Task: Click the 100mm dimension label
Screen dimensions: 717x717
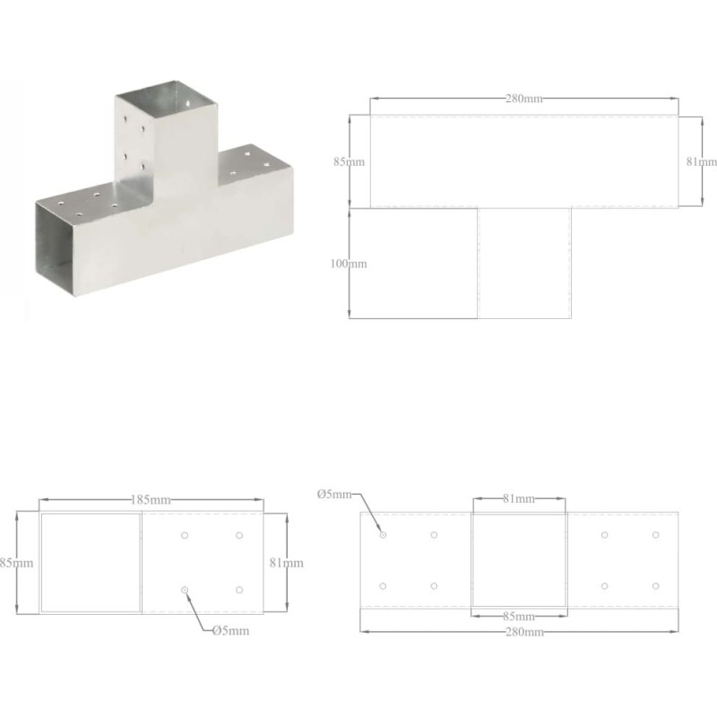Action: tap(349, 263)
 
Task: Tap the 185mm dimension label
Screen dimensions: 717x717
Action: tap(151, 500)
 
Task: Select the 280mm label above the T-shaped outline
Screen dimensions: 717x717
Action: tap(524, 99)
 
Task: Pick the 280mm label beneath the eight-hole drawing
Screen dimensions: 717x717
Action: tap(524, 632)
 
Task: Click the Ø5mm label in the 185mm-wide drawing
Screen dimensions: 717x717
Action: tap(231, 631)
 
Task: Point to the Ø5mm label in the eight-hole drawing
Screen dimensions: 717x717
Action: tap(334, 495)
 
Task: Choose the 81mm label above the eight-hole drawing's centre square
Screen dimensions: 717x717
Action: tap(519, 498)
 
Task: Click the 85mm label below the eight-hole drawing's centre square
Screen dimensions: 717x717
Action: tap(519, 617)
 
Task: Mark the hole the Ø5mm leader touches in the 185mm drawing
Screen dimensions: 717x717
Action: tap(185, 590)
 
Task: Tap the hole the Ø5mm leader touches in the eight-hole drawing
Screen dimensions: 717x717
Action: tap(383, 535)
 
